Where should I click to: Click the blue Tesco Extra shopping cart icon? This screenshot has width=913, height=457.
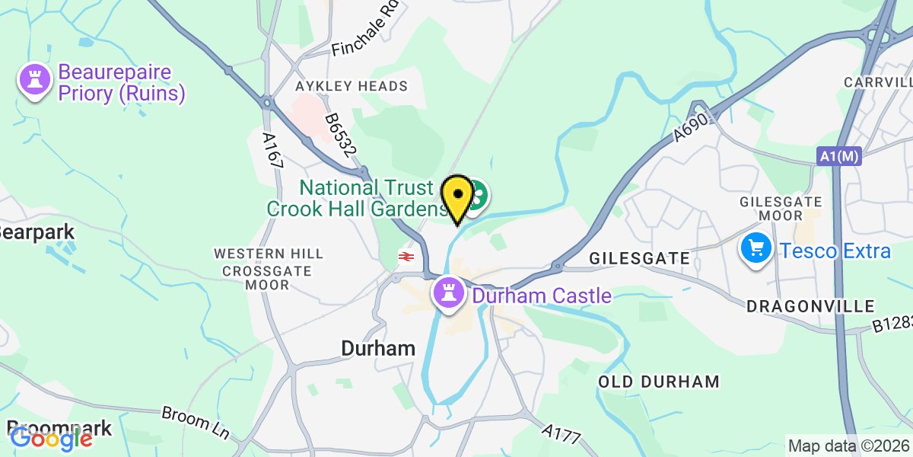(756, 251)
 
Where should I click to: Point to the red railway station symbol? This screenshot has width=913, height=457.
(405, 257)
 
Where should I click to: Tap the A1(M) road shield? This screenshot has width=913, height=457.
(839, 156)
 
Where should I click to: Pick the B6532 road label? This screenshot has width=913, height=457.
(340, 136)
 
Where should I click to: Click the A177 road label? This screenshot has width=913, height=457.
(562, 435)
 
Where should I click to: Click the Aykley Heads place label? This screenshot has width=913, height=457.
(346, 86)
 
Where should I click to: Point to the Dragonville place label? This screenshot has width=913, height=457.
(810, 306)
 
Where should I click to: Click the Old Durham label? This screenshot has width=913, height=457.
(659, 382)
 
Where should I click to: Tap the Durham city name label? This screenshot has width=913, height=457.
(378, 349)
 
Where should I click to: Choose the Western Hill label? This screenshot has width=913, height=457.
(269, 253)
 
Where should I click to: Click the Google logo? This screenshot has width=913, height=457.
(51, 439)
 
